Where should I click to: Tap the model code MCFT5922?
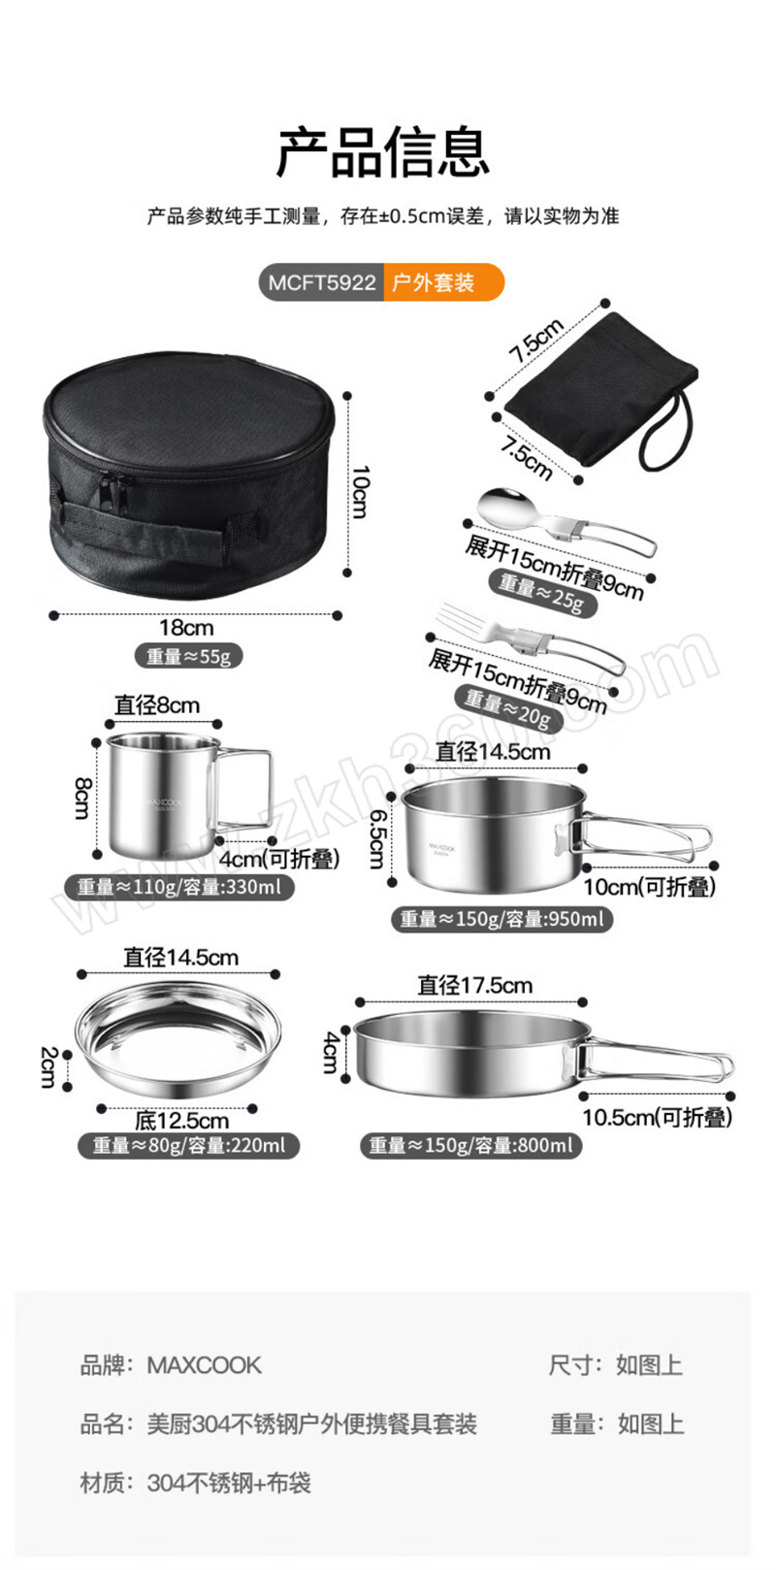point(322,282)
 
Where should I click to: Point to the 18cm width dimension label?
point(186,627)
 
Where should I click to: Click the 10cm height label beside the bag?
point(360,491)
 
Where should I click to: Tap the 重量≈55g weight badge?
point(188,657)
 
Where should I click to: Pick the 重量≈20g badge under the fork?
point(507,708)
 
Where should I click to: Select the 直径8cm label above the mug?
point(157,705)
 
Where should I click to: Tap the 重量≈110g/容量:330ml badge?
point(178,887)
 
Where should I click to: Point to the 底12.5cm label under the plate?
point(181,1120)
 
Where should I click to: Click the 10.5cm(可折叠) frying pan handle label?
point(658,1117)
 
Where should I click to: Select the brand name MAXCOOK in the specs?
point(205,1364)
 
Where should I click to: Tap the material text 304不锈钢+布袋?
point(229,1483)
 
